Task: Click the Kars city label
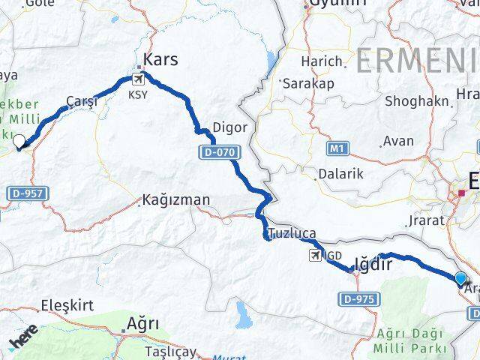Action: (160, 58)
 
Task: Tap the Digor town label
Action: (229, 127)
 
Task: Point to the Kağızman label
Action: (178, 200)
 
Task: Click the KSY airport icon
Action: (138, 79)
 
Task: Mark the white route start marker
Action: (19, 141)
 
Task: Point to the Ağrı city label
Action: (143, 325)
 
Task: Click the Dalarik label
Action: (340, 173)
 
